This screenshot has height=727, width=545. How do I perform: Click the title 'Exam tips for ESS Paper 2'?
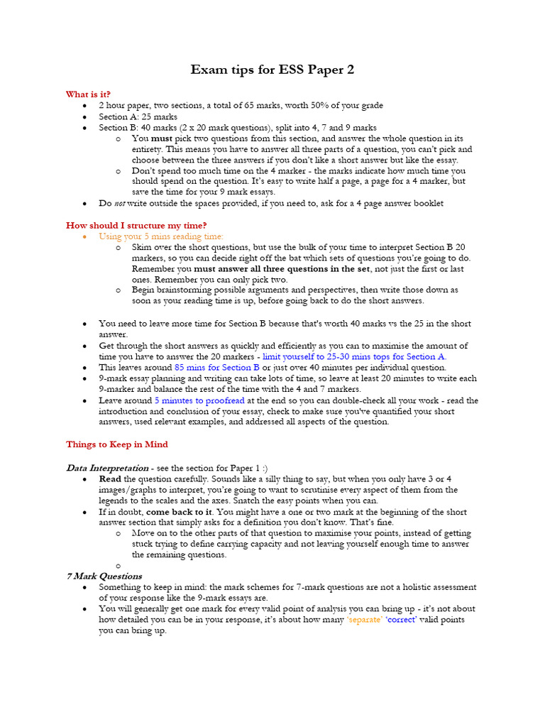pos(272,70)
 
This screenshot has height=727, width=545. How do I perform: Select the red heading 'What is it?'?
pos(88,94)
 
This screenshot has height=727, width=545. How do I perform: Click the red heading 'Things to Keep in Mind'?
pos(117,444)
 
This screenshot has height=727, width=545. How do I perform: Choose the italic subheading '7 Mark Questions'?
pos(104,576)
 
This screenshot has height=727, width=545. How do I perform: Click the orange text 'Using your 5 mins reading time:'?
pos(161,236)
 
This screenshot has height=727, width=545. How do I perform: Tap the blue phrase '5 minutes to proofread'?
pos(199,400)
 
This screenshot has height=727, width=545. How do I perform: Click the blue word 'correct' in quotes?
pos(401,620)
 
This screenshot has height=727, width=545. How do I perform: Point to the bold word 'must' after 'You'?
pos(162,138)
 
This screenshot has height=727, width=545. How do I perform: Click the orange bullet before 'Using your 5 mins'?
pos(84,236)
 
